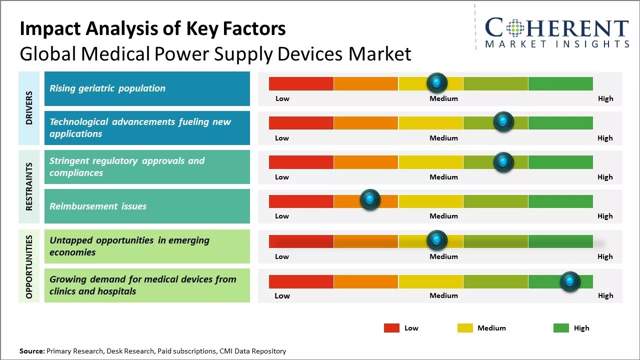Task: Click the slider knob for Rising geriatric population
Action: [x=437, y=82]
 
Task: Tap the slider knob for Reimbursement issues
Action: [x=370, y=200]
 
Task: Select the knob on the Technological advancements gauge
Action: [x=503, y=121]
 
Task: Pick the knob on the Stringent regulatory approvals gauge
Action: [x=503, y=161]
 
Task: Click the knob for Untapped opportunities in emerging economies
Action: [x=437, y=240]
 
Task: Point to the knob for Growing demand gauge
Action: [x=570, y=281]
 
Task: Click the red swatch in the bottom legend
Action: [x=391, y=328]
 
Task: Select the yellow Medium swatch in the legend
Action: [x=465, y=328]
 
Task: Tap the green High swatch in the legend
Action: [x=561, y=328]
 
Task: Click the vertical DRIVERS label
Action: [x=29, y=107]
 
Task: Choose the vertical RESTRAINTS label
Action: [x=29, y=186]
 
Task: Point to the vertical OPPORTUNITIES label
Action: [x=29, y=266]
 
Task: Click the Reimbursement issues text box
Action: [x=147, y=206]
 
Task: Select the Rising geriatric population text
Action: [x=107, y=88]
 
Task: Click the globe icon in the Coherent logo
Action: [x=514, y=28]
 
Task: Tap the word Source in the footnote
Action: [x=31, y=351]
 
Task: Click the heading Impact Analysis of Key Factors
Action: [x=152, y=29]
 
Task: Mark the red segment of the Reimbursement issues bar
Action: [x=301, y=201]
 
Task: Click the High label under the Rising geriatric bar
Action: [x=605, y=98]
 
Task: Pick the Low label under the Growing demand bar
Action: [x=282, y=295]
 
